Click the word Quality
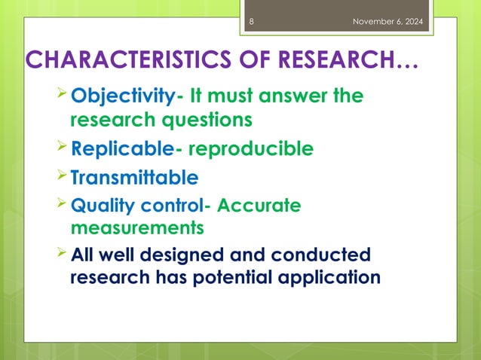tap(97, 206)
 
